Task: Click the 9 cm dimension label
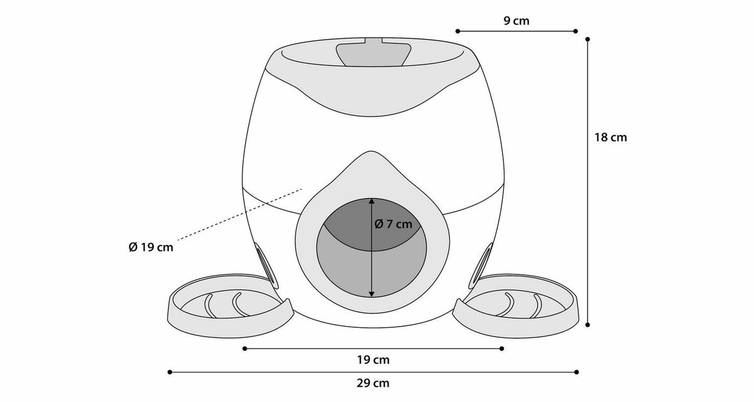click(516, 21)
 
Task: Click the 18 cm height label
click(610, 138)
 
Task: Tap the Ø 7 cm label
click(393, 224)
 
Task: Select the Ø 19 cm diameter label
click(151, 247)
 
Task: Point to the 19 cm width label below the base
click(373, 360)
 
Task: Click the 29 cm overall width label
click(373, 383)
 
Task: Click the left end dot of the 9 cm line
click(457, 31)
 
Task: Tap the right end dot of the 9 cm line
click(576, 31)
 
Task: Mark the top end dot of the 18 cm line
click(587, 40)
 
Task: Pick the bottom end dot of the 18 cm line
click(587, 325)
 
